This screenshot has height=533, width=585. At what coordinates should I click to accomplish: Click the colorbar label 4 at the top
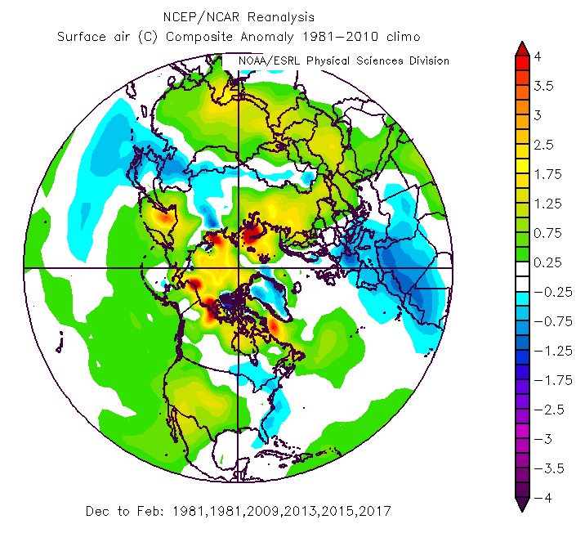538,57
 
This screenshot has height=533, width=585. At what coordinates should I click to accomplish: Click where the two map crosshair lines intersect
238,268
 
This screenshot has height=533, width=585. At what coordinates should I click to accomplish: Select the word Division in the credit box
423,61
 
